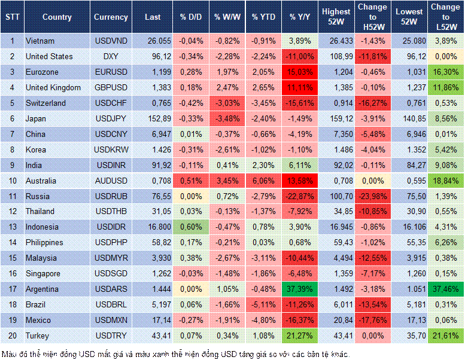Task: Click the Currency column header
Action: (x=111, y=17)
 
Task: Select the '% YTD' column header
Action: (x=264, y=17)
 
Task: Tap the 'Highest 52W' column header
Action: (x=336, y=17)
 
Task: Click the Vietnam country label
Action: (x=40, y=41)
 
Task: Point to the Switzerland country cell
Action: (x=45, y=103)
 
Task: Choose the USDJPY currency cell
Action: (x=111, y=118)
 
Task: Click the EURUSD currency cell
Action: (x=111, y=72)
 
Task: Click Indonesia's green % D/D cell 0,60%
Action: (x=190, y=227)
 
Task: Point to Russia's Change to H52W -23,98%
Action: (x=372, y=196)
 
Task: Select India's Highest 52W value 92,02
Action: (x=336, y=165)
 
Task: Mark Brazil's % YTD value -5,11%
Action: (x=264, y=304)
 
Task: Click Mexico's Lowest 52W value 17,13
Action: (x=410, y=320)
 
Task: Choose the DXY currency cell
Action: (x=111, y=56)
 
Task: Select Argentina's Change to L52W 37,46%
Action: (x=446, y=289)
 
